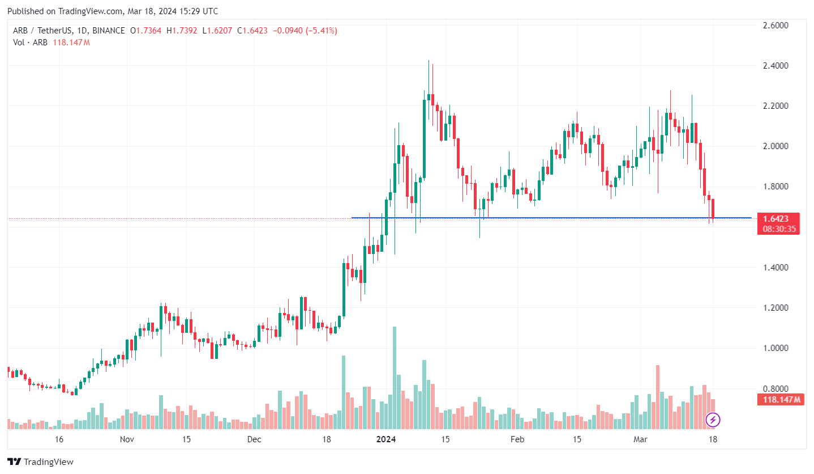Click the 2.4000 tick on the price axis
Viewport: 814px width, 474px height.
coord(776,66)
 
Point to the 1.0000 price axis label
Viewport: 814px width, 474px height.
coord(776,348)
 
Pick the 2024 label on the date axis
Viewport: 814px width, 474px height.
coord(387,439)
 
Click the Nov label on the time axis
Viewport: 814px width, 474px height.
coord(126,439)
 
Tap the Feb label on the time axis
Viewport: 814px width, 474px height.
coord(517,439)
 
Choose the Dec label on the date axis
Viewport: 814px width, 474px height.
coord(254,439)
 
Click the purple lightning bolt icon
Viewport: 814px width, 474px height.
coord(713,420)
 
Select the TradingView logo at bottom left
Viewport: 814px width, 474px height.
coord(40,462)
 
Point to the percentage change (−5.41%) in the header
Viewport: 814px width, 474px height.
coord(321,31)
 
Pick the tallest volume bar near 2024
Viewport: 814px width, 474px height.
coord(395,377)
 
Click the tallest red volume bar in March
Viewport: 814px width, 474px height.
coord(658,397)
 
